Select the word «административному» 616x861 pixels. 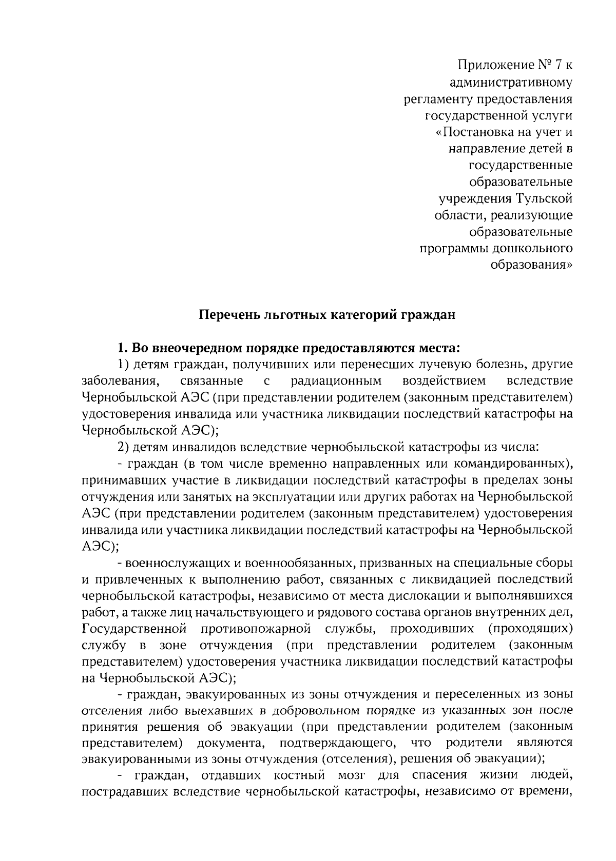pyautogui.click(x=511, y=82)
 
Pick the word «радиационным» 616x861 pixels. pyautogui.click(x=336, y=381)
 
